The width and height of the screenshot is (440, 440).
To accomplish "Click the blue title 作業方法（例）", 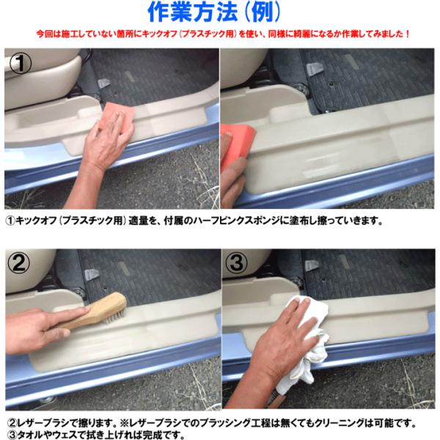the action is tap(214, 12).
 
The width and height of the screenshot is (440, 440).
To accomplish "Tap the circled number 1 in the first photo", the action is tap(21, 64).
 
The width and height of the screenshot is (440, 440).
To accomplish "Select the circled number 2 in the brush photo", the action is tap(18, 263).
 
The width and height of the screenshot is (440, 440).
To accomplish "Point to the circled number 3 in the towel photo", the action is tap(237, 263).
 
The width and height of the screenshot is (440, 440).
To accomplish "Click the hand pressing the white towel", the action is tap(281, 345).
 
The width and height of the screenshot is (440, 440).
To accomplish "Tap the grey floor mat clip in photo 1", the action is tap(103, 84).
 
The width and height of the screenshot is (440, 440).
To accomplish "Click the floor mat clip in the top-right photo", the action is tap(312, 69).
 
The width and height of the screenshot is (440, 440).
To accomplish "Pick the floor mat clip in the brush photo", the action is tap(92, 274).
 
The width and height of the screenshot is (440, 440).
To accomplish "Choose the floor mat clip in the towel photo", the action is tap(312, 265).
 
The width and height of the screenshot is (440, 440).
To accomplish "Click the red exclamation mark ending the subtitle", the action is tap(408, 34).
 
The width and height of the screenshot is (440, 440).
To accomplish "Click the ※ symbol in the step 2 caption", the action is tap(124, 423).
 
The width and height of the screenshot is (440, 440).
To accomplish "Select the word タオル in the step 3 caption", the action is tap(31, 435).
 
